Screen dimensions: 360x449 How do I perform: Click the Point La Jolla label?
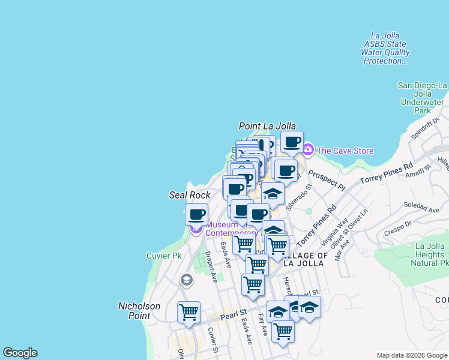coord(267,126)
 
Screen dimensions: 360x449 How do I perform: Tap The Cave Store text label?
coord(345,151)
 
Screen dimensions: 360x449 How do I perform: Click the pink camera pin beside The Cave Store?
coord(308,149)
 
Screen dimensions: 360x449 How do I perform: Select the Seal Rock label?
coord(190,196)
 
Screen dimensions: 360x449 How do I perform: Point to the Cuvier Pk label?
coord(164,256)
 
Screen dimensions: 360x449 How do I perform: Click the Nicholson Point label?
coord(139,310)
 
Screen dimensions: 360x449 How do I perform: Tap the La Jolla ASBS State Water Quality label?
coord(385,49)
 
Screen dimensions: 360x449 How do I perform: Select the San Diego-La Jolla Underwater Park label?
coord(423,98)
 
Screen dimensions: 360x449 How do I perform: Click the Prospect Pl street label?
coord(327,179)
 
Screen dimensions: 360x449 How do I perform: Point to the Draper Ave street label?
coord(211,267)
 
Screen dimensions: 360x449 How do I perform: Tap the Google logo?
coord(20,353)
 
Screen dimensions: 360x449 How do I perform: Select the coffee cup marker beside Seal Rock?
coord(196,214)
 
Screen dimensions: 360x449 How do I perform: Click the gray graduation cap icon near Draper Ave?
coord(187,280)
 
